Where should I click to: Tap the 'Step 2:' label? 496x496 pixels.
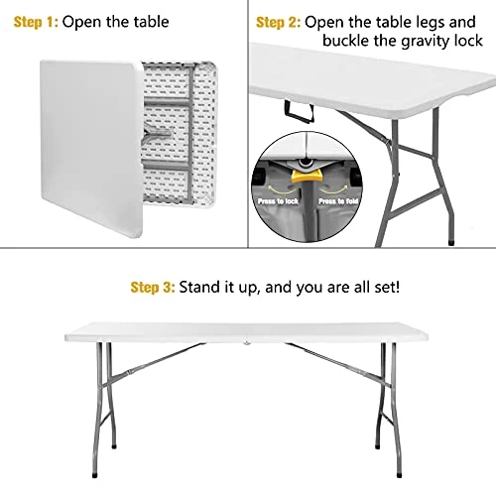278,21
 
